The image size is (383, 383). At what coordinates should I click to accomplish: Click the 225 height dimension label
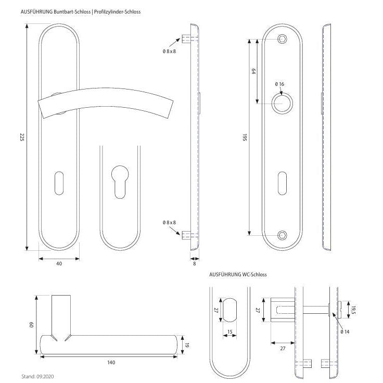tap(22, 137)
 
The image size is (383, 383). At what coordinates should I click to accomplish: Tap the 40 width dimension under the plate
tap(59, 264)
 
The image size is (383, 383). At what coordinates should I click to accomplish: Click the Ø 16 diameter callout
tap(279, 84)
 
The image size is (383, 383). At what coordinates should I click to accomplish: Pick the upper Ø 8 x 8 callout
tap(169, 52)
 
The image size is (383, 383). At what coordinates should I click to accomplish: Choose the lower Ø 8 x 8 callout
tap(169, 222)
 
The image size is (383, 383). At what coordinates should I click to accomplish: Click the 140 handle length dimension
tap(111, 362)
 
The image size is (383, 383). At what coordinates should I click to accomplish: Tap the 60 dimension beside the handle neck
tap(32, 325)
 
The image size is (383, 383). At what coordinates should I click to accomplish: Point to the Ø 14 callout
tap(344, 331)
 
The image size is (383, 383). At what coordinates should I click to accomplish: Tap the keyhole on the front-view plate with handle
tap(59, 182)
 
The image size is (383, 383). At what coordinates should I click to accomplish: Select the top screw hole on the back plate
tap(283, 39)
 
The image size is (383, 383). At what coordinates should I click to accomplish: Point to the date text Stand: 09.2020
tap(38, 375)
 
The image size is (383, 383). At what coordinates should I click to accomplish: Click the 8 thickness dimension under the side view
tap(195, 264)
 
